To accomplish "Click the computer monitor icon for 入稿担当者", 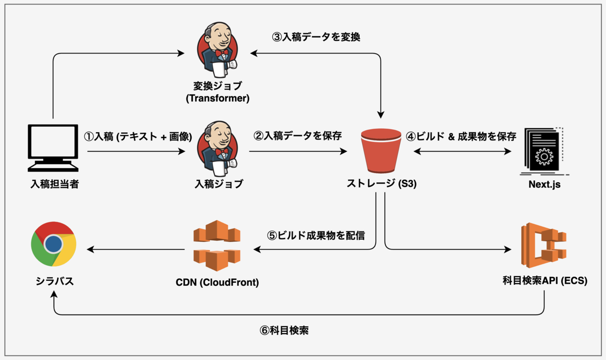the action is point(53,148).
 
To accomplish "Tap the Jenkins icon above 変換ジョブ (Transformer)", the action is point(218,50).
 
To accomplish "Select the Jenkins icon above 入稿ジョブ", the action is point(218,149).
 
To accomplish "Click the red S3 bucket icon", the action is point(381,150).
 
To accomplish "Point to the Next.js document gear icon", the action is point(544,151).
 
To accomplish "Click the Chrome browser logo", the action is point(54,244).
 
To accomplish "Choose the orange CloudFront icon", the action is point(217,245).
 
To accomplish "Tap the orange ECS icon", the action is point(544,245).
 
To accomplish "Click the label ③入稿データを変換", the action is point(316,37).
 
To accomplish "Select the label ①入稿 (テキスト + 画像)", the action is point(138,137).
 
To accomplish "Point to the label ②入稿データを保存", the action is point(297,136).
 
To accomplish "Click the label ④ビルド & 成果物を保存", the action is point(461,137).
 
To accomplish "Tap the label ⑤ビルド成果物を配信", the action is point(316,236).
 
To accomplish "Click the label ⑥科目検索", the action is point(284,330).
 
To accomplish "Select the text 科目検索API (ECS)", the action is point(545,281).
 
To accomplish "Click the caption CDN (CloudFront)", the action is point(217,282).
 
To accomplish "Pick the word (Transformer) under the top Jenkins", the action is point(218,98).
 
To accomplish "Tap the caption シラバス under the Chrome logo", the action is point(55,281).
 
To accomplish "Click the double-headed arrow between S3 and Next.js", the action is point(463,151).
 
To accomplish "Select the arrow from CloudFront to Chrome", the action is point(135,249).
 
